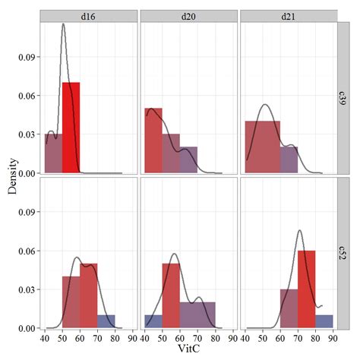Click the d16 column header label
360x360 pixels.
89,15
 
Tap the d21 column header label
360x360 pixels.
288,15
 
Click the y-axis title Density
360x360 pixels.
14,175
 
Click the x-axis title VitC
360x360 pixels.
188,350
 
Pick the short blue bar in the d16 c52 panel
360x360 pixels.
106,321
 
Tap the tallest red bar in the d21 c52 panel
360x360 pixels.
306,289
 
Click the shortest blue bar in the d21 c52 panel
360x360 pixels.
324,321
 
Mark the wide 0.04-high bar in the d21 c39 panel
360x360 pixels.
262,147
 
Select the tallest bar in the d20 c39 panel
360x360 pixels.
153,141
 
